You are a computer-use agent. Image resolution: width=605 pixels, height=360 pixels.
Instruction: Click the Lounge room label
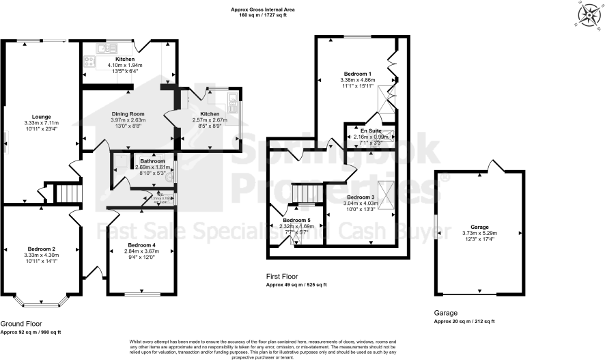pos(42,117)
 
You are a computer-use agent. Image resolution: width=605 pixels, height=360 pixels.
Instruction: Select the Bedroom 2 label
pos(42,249)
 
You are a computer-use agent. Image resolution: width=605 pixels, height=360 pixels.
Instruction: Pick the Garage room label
pos(479,226)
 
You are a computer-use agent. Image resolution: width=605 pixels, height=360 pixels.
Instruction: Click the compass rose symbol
pos(588,14)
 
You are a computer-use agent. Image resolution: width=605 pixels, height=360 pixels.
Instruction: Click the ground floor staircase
pos(67,193)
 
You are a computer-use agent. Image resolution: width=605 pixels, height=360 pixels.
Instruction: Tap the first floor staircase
pos(305,194)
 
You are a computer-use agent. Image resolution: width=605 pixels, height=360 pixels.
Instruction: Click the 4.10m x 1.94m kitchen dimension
pos(128,65)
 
